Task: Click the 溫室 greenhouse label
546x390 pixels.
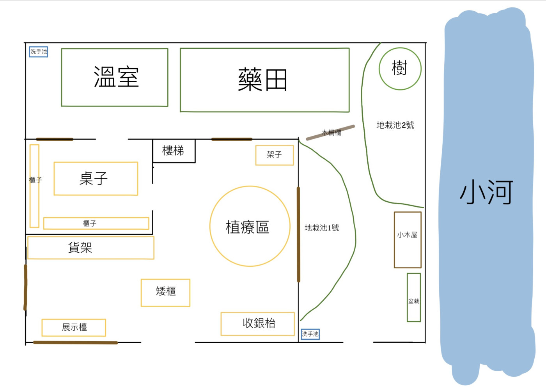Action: (x=116, y=77)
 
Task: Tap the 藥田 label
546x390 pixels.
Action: (x=262, y=80)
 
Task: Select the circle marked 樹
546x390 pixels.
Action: (x=379, y=69)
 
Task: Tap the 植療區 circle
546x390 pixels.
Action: (x=210, y=226)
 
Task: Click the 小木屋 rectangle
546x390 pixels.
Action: (x=394, y=240)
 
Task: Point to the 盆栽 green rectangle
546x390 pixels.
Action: (x=407, y=297)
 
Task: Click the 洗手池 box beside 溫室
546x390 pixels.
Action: (x=39, y=52)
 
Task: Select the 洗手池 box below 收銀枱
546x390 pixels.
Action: (x=310, y=334)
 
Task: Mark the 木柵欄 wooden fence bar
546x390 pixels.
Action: (x=330, y=133)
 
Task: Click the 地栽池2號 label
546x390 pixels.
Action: (x=395, y=125)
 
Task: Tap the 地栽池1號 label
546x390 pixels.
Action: (x=322, y=228)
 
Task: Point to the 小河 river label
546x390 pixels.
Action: (x=486, y=192)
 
